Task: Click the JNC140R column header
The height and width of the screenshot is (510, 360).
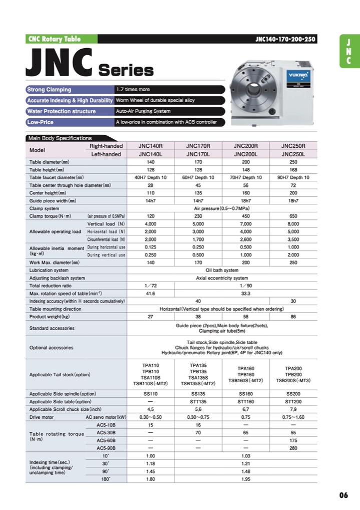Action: click(150, 146)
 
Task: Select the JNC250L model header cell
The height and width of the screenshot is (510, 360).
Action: click(293, 154)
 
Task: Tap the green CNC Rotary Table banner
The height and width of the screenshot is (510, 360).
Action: click(54, 39)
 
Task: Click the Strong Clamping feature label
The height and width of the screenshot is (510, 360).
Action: click(49, 89)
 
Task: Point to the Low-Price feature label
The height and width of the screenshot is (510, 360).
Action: click(41, 122)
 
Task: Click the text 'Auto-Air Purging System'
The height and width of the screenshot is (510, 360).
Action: click(143, 111)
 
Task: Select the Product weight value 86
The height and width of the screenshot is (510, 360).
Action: click(293, 317)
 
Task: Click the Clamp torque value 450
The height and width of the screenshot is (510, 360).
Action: click(245, 216)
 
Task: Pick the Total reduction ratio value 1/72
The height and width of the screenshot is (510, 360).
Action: click(150, 286)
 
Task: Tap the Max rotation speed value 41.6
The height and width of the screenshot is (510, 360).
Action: click(150, 293)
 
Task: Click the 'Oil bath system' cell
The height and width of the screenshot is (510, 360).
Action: click(221, 270)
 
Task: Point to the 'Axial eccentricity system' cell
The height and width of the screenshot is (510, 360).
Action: click(221, 278)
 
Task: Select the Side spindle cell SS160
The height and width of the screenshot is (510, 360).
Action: click(245, 394)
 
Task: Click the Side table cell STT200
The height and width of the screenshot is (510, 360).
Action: click(293, 401)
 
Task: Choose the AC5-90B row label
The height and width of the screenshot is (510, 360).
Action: click(106, 448)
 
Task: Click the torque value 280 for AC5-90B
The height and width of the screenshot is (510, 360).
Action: click(293, 448)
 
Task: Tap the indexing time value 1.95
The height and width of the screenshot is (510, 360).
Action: click(245, 479)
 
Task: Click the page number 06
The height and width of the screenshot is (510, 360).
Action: click(343, 495)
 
